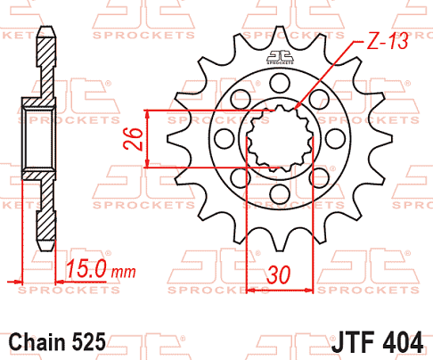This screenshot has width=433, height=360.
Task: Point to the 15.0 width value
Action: point(86,267)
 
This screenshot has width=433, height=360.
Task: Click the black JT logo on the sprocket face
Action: point(280,60)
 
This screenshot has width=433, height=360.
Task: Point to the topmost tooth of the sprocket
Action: point(280,36)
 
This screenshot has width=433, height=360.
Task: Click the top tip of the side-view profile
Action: point(46,34)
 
